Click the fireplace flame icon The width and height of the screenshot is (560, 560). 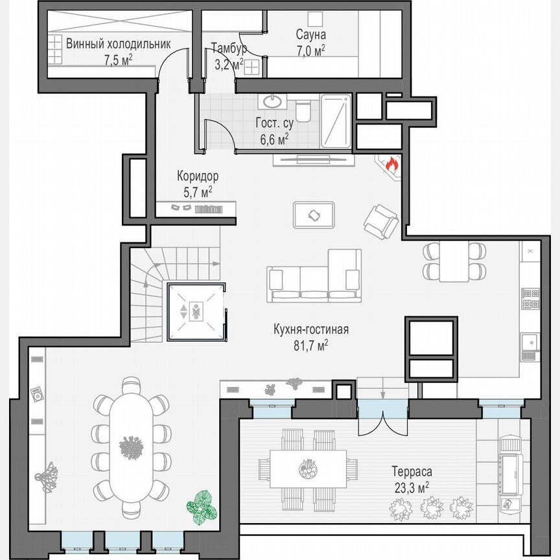[391, 165]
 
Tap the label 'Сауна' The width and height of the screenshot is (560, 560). [310, 34]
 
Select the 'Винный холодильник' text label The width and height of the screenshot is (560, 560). [118, 45]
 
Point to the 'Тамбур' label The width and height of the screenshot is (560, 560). [229, 49]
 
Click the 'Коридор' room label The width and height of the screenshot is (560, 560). [198, 176]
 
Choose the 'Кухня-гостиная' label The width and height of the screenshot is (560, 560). [311, 329]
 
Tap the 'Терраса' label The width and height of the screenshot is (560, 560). [412, 472]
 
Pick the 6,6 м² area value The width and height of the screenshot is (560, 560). [274, 138]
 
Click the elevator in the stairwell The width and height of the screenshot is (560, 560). [195, 311]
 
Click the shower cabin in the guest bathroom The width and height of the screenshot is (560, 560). [336, 121]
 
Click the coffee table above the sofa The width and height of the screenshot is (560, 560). [314, 215]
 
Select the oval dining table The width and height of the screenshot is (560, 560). [132, 445]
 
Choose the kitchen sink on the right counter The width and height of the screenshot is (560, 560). [530, 344]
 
